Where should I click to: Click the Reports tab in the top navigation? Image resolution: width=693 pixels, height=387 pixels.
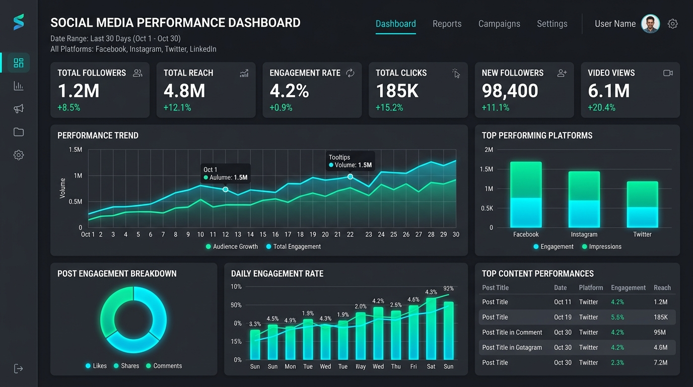click(x=447, y=24)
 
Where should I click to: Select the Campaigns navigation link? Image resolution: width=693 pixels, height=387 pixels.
click(x=499, y=24)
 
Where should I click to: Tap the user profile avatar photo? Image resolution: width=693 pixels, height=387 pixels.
click(x=650, y=24)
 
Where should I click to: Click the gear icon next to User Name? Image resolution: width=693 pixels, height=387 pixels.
click(x=672, y=24)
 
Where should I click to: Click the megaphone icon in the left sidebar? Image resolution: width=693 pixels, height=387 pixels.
click(x=19, y=109)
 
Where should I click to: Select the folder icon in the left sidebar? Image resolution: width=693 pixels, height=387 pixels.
click(x=19, y=132)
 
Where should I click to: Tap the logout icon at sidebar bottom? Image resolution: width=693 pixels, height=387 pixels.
click(x=19, y=368)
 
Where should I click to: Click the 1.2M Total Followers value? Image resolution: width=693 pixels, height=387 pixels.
click(x=79, y=91)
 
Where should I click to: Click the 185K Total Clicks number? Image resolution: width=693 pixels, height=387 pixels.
click(x=397, y=91)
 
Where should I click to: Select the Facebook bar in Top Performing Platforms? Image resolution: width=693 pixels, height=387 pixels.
click(x=526, y=194)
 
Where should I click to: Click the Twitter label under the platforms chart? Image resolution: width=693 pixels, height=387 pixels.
click(x=642, y=234)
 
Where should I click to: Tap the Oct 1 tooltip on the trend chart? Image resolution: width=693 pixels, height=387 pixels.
click(x=225, y=173)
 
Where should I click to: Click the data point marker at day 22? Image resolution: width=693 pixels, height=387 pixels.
click(x=350, y=177)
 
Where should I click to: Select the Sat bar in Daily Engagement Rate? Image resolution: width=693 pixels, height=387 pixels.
click(x=431, y=328)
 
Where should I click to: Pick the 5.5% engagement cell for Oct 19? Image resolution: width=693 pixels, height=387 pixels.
click(x=617, y=317)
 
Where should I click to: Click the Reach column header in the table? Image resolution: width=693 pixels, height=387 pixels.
click(x=662, y=288)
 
